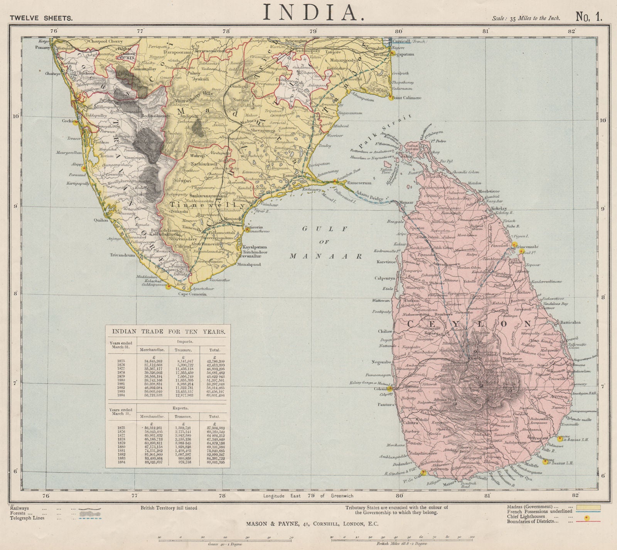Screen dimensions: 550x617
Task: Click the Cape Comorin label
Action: point(192,294)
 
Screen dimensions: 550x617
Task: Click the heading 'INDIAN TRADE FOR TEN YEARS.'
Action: point(169,331)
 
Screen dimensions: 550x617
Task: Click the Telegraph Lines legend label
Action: point(25,518)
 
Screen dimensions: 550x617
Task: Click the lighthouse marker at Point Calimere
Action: point(391,98)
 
